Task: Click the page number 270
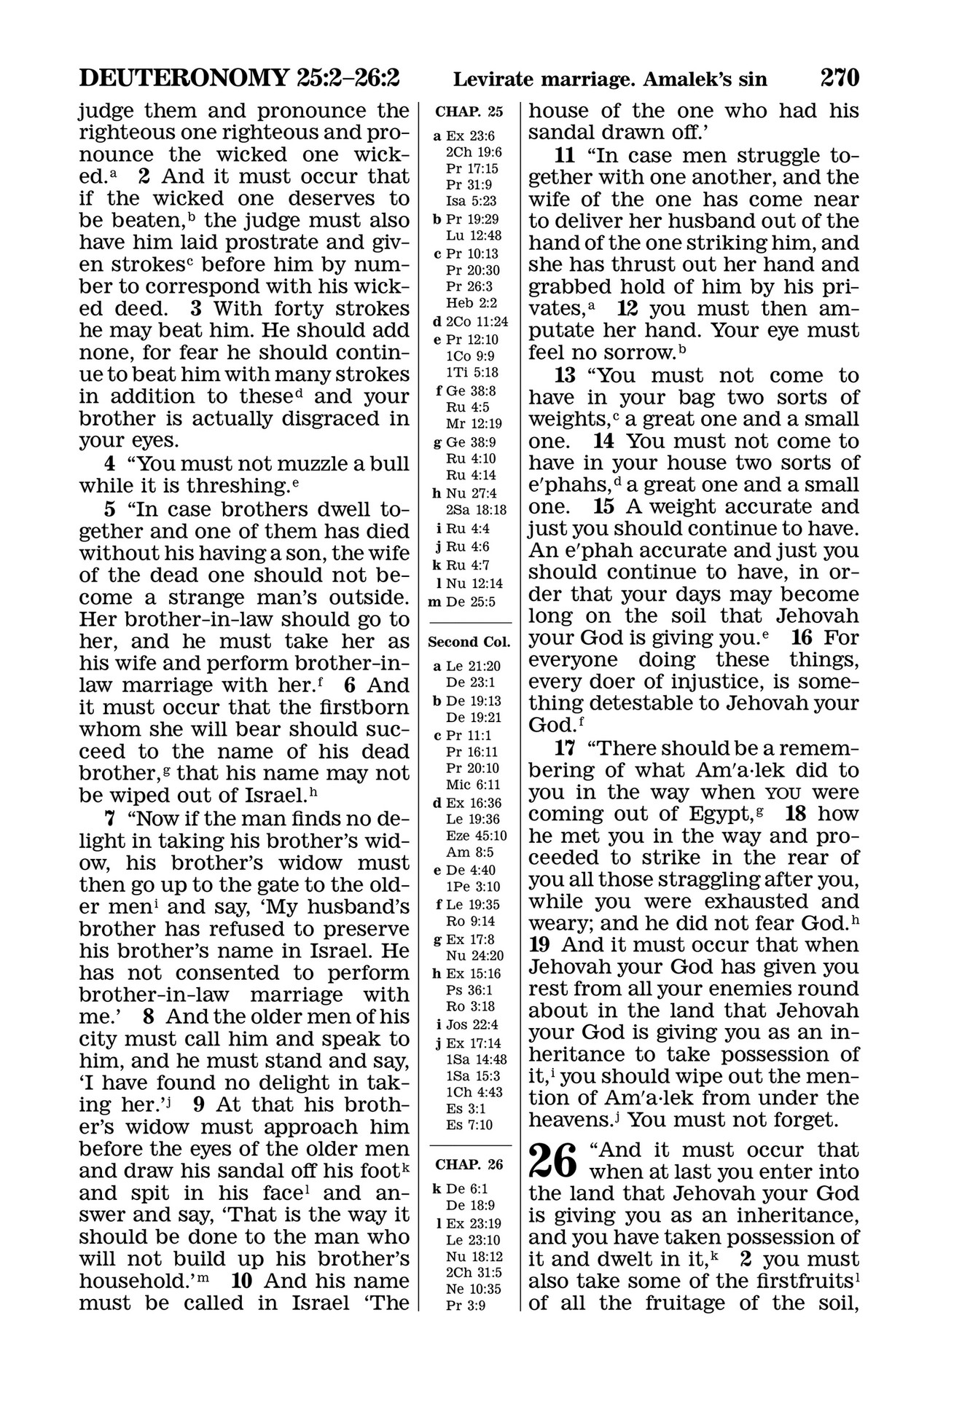click(840, 77)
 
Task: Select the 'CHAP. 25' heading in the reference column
click(469, 112)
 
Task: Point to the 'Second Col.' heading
click(469, 643)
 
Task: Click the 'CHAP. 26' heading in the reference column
click(469, 1164)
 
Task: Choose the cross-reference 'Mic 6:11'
click(472, 785)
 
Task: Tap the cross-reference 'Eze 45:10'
click(477, 836)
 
